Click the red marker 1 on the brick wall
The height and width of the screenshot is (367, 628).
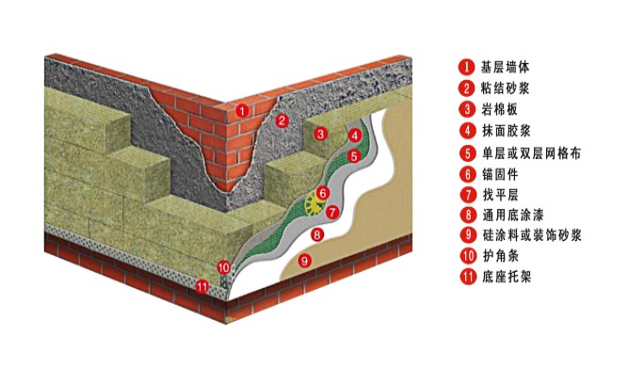point(242,110)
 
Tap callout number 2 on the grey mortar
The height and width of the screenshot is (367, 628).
point(282,120)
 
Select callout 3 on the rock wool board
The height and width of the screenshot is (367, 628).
point(320,134)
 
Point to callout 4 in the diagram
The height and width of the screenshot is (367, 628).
point(355,136)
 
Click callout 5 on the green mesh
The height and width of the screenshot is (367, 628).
point(353,155)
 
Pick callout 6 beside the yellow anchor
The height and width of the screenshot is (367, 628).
point(323,193)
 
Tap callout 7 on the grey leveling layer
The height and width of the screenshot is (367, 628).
point(332,212)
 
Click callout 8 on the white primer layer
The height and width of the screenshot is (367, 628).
point(317,234)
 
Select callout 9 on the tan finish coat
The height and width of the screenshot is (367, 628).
point(305,261)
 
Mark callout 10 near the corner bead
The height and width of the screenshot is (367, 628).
point(224,267)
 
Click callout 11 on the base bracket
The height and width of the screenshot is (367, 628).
point(202,286)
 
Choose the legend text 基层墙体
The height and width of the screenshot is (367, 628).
point(505,67)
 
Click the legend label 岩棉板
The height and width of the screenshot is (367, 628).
point(499,109)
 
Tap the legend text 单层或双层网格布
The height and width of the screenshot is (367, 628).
point(531,153)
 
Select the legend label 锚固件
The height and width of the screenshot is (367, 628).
point(500,174)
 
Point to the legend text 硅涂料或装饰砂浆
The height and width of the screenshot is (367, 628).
point(532,235)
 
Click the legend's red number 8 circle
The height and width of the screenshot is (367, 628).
point(468,215)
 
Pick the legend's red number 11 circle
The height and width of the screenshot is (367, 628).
point(468,277)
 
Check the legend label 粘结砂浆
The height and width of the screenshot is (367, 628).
point(505,88)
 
